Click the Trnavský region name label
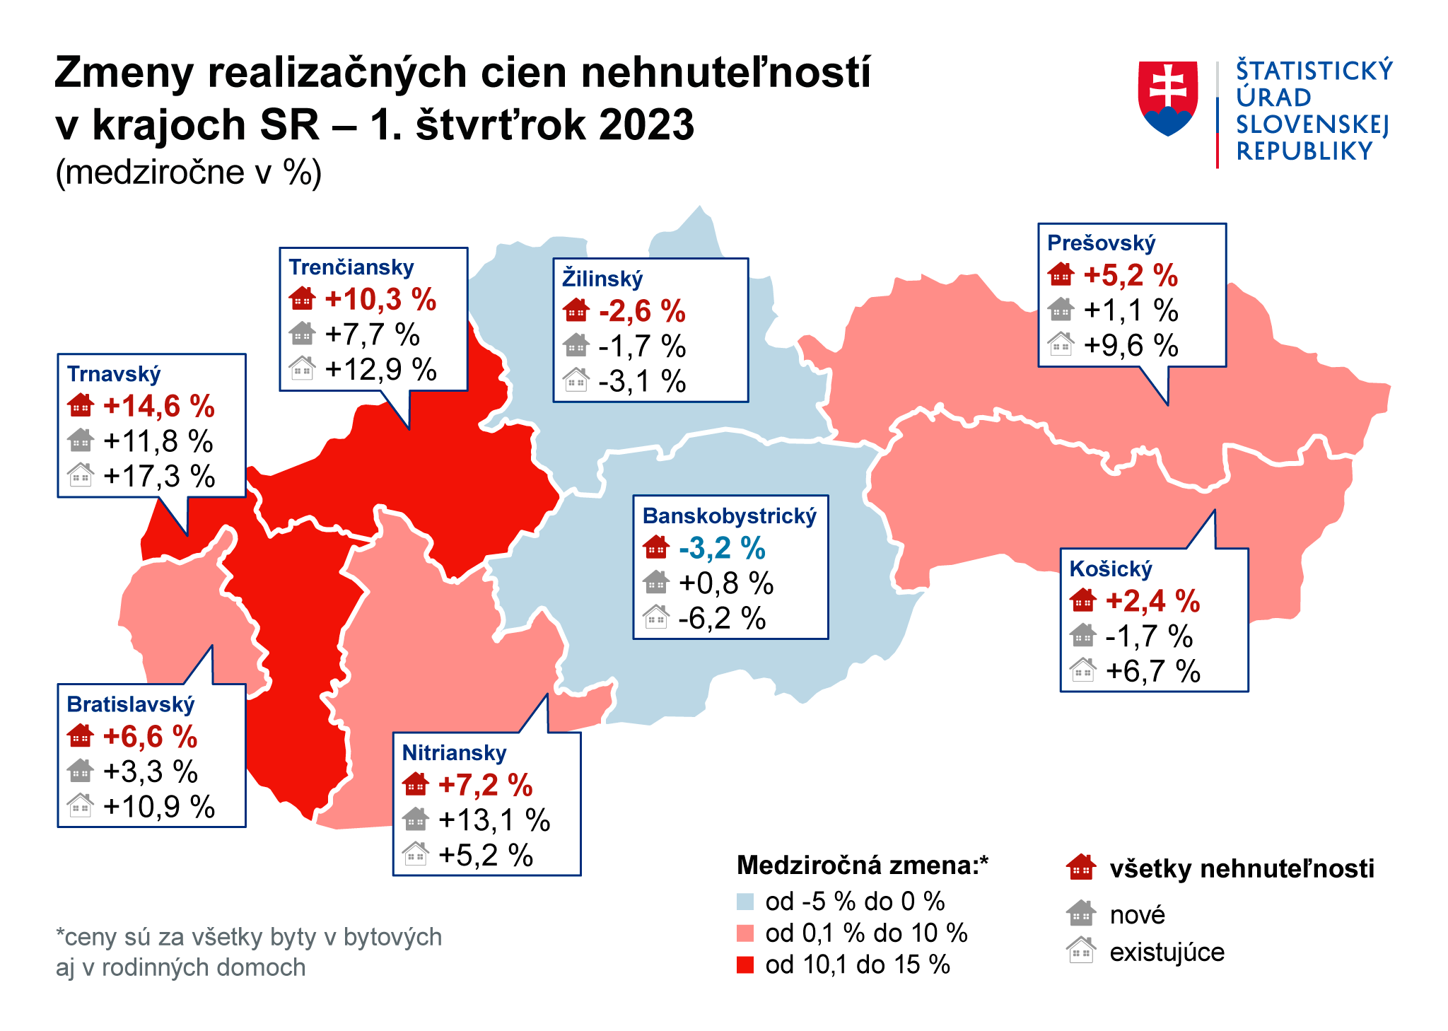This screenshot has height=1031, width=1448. click(113, 374)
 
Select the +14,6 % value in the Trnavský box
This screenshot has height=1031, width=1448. click(158, 407)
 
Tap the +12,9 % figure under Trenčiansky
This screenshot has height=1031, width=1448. click(380, 370)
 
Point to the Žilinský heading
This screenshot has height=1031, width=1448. click(602, 279)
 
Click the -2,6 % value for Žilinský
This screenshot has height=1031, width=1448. click(642, 311)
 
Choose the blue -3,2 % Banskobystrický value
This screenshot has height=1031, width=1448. click(722, 549)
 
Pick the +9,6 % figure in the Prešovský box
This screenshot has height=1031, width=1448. click(1131, 346)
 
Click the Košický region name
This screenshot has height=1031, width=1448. click(1110, 569)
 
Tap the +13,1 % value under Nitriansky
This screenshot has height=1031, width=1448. click(494, 820)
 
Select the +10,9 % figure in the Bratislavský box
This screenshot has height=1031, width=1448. click(159, 807)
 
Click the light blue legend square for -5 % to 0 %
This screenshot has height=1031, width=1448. click(745, 902)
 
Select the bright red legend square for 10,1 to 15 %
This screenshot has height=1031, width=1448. click(745, 965)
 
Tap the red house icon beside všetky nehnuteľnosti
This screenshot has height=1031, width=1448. click(1081, 868)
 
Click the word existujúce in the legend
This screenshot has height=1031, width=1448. click(1167, 953)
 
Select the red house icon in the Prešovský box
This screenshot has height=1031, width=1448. click(1061, 274)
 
